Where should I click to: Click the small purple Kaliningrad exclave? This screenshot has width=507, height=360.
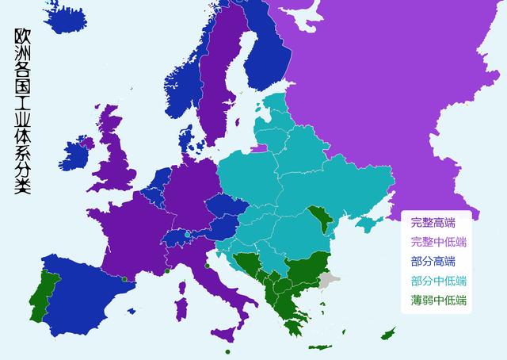click(x=261, y=147)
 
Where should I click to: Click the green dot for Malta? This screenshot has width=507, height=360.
click(x=227, y=351)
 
